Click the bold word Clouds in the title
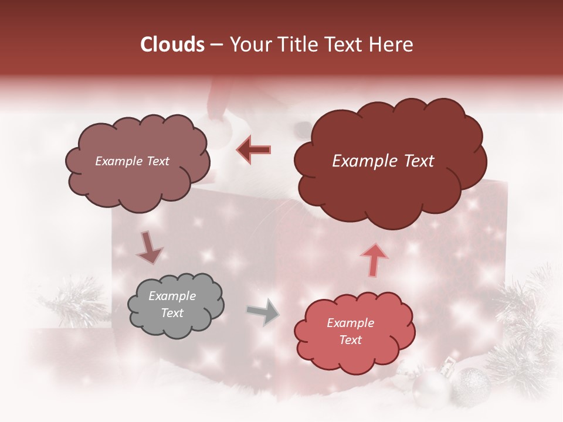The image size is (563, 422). [172, 45]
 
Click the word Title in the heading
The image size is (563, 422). [296, 45]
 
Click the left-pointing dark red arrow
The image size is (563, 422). [253, 149]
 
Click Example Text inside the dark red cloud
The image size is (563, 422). [383, 161]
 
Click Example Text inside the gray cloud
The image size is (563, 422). [172, 305]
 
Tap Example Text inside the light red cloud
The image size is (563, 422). [350, 331]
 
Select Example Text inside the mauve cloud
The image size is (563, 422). [132, 161]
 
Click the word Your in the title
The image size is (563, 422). [249, 45]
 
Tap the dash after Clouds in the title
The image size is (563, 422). [215, 45]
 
